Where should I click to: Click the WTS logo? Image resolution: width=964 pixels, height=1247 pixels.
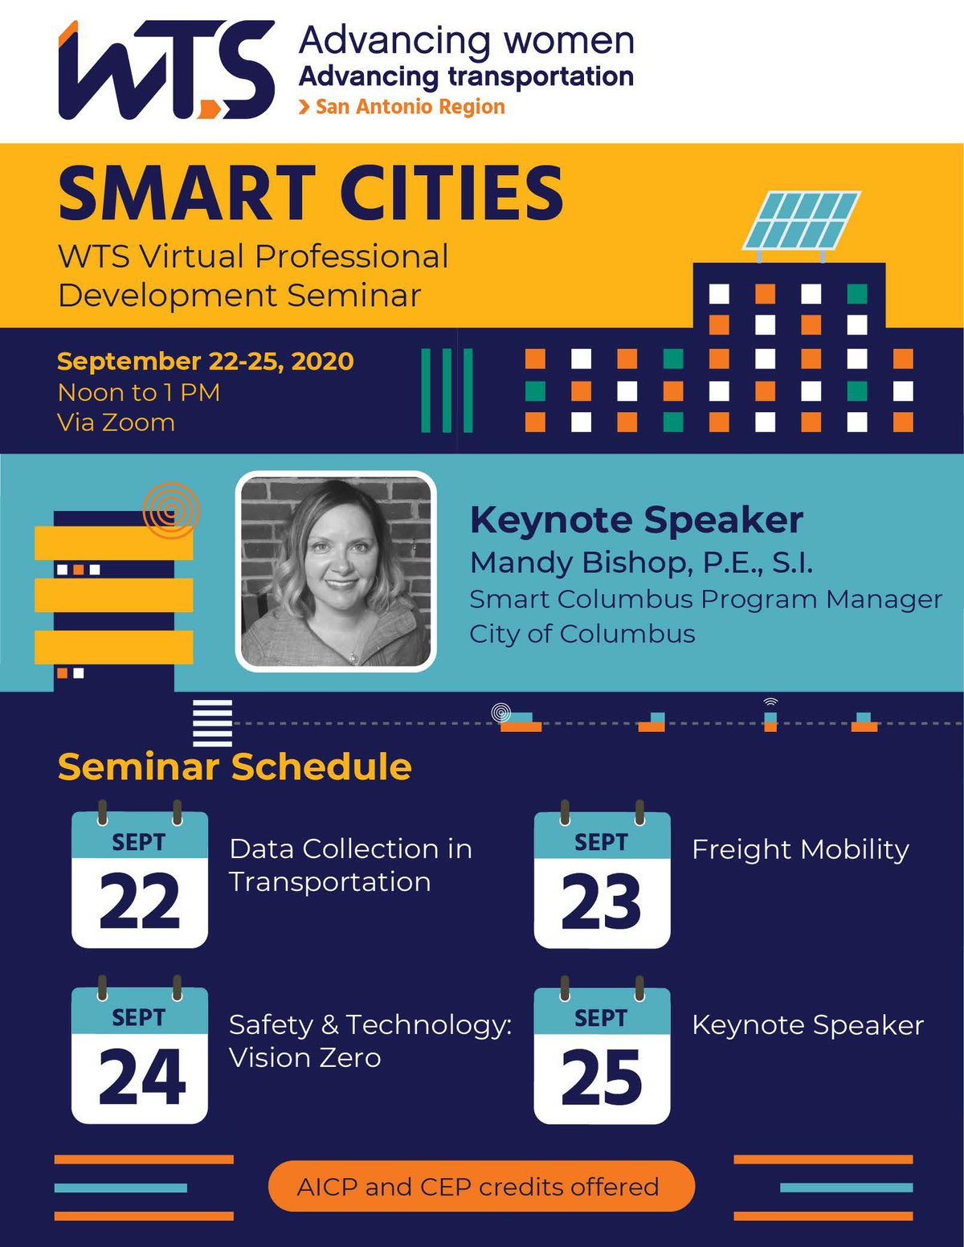tap(166, 69)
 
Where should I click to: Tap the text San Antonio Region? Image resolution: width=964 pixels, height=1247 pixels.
tap(410, 107)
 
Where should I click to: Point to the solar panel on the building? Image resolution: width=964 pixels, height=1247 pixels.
tap(802, 221)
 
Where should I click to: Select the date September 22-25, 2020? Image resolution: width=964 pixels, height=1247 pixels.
tap(206, 362)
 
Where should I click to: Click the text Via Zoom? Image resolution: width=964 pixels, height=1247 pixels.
tap(116, 423)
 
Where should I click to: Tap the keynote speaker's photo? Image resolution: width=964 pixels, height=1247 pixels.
tap(336, 571)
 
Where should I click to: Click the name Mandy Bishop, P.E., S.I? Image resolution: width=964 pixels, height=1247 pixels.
tap(641, 563)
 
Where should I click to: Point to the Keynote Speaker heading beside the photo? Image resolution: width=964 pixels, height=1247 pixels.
tap(636, 521)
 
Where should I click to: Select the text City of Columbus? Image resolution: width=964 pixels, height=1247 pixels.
tap(582, 634)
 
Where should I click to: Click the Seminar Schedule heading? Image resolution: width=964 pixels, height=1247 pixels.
tap(235, 767)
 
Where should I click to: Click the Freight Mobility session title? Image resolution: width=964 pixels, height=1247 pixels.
tap(801, 850)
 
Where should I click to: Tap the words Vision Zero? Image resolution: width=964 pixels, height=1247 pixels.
tap(305, 1057)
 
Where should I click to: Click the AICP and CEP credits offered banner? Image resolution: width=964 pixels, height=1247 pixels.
tap(481, 1187)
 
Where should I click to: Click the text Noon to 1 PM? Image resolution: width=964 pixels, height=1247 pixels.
tap(139, 393)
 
